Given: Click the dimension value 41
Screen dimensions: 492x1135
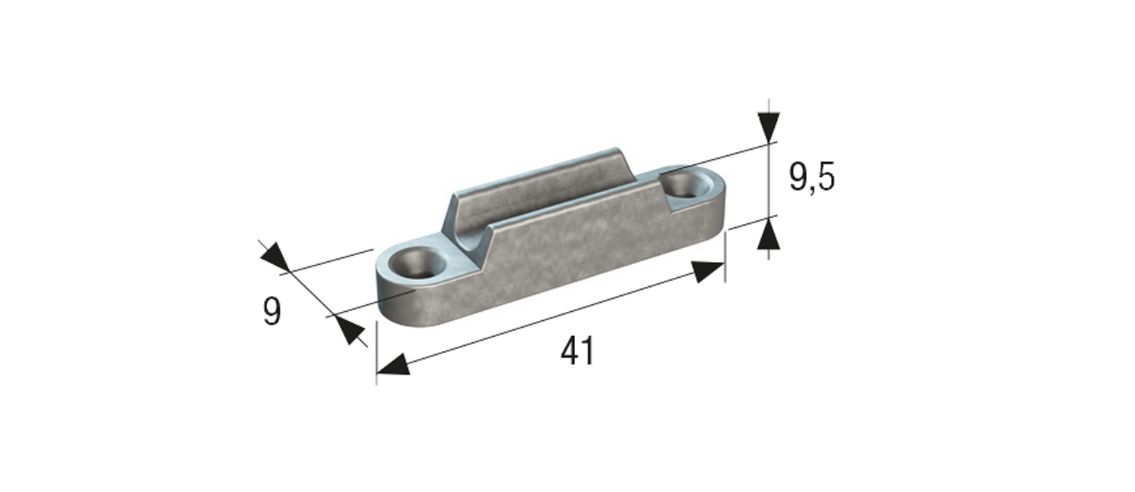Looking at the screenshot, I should click(577, 352).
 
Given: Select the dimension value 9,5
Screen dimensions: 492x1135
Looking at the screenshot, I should click(811, 179).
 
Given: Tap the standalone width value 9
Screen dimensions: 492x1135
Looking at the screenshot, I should click(272, 312).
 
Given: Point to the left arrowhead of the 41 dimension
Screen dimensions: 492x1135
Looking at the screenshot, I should click(393, 366).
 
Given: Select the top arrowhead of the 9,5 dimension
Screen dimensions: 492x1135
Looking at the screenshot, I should click(769, 126).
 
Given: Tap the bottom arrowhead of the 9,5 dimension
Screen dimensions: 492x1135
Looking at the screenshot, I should click(769, 234).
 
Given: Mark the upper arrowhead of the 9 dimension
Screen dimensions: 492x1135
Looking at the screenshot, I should click(275, 257).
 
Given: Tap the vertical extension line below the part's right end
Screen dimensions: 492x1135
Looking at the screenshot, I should click(725, 257).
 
